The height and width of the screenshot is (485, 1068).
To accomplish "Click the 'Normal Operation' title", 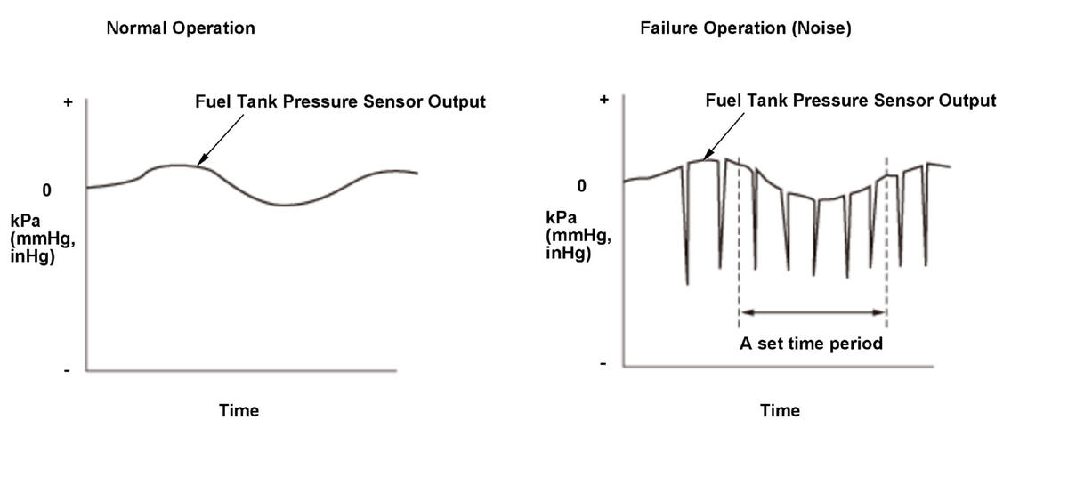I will click(x=181, y=28).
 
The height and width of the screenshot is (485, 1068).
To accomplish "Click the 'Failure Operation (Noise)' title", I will click(x=746, y=28).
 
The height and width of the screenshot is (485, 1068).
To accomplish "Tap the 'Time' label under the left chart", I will click(x=239, y=410).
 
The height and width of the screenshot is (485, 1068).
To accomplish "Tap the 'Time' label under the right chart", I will click(x=780, y=410).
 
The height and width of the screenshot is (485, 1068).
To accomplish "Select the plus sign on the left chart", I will click(x=68, y=102).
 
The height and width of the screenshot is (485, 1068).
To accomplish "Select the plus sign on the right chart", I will click(x=604, y=100).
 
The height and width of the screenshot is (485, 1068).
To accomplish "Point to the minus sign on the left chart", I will click(x=68, y=370).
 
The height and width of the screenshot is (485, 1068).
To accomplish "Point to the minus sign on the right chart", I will click(x=603, y=364).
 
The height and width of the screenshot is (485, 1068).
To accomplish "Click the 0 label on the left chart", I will click(x=46, y=190).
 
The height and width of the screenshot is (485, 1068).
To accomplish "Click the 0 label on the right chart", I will click(x=582, y=186).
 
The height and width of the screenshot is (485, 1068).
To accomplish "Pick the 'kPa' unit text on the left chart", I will click(x=27, y=221).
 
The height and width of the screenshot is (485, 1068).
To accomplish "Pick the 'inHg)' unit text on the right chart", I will click(x=569, y=254).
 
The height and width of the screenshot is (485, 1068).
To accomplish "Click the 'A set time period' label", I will click(x=811, y=344).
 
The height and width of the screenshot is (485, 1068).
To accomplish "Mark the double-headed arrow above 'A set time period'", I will click(x=813, y=312).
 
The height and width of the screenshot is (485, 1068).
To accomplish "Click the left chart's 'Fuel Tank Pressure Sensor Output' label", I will click(x=340, y=101).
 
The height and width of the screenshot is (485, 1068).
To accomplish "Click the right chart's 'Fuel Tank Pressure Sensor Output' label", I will click(x=850, y=101).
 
